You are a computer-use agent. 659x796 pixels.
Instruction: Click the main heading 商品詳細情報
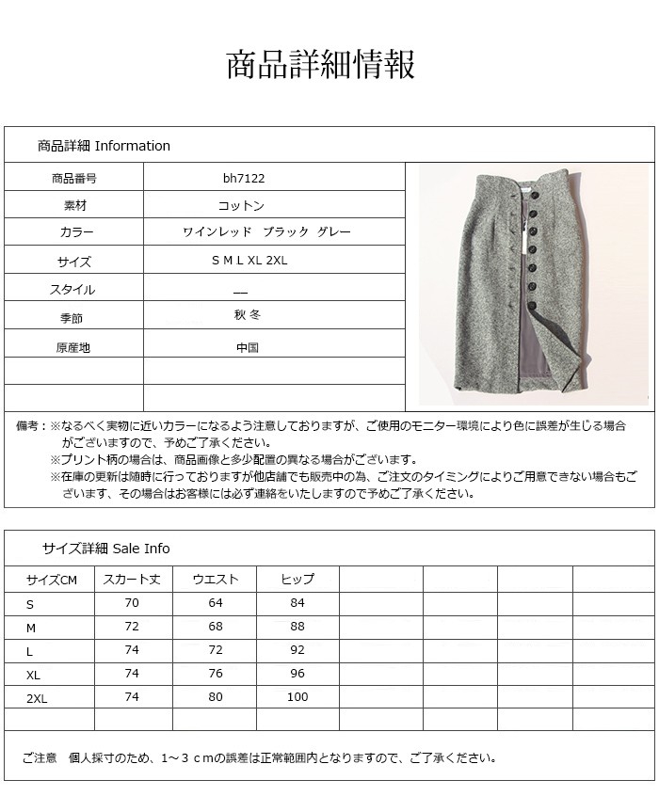tap(320, 65)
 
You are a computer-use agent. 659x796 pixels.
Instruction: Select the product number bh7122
tap(243, 177)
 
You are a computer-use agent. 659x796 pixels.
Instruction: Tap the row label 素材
tap(73, 204)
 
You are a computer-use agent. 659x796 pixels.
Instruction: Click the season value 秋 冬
tap(247, 316)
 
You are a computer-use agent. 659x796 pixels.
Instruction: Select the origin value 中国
tap(248, 347)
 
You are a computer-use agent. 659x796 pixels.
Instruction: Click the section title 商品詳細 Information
tap(104, 146)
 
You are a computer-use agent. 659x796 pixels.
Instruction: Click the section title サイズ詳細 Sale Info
tap(105, 549)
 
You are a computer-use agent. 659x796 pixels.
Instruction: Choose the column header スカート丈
tap(132, 580)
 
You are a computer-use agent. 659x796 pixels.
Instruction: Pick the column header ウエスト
tap(216, 580)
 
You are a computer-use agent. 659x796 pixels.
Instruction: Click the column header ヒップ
tap(297, 580)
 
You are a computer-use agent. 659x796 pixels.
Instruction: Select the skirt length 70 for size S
tap(132, 603)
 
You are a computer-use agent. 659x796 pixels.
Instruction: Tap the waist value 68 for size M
tap(216, 626)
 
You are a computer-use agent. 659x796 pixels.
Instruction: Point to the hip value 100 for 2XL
tap(297, 696)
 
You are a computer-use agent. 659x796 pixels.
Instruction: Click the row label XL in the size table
tap(35, 674)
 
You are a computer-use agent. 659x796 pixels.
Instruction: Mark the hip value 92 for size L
tap(297, 649)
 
